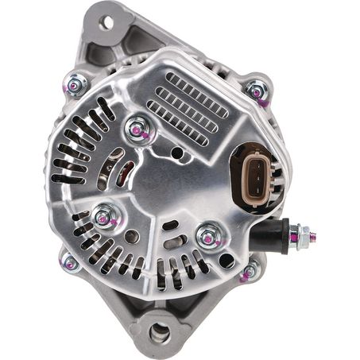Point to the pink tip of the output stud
click(x=313, y=236)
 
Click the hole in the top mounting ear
click(x=106, y=21)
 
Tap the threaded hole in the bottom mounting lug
click(x=159, y=333)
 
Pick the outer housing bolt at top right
click(x=256, y=91)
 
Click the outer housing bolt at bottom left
click(x=71, y=261)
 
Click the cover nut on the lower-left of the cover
click(x=103, y=215)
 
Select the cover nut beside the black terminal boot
click(x=209, y=236)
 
